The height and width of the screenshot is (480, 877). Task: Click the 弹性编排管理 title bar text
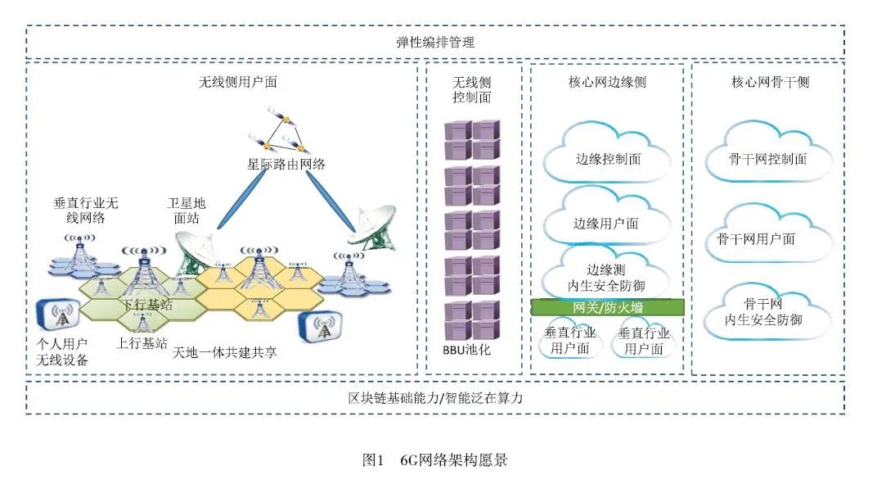click(x=434, y=42)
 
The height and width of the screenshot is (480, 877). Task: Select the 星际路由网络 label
click(x=286, y=164)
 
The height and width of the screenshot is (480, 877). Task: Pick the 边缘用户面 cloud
click(x=606, y=224)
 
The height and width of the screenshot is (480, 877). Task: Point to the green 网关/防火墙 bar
click(x=607, y=307)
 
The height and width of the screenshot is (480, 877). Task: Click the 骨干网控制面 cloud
click(x=767, y=159)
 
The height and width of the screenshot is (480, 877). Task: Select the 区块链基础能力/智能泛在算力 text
click(x=434, y=398)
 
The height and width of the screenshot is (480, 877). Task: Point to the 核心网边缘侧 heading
click(x=607, y=82)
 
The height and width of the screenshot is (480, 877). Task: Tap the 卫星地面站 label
click(x=187, y=211)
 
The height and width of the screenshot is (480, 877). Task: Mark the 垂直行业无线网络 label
click(x=86, y=210)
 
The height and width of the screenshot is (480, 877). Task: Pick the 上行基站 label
click(x=142, y=342)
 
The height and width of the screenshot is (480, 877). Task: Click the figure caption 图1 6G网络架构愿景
click(x=434, y=460)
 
